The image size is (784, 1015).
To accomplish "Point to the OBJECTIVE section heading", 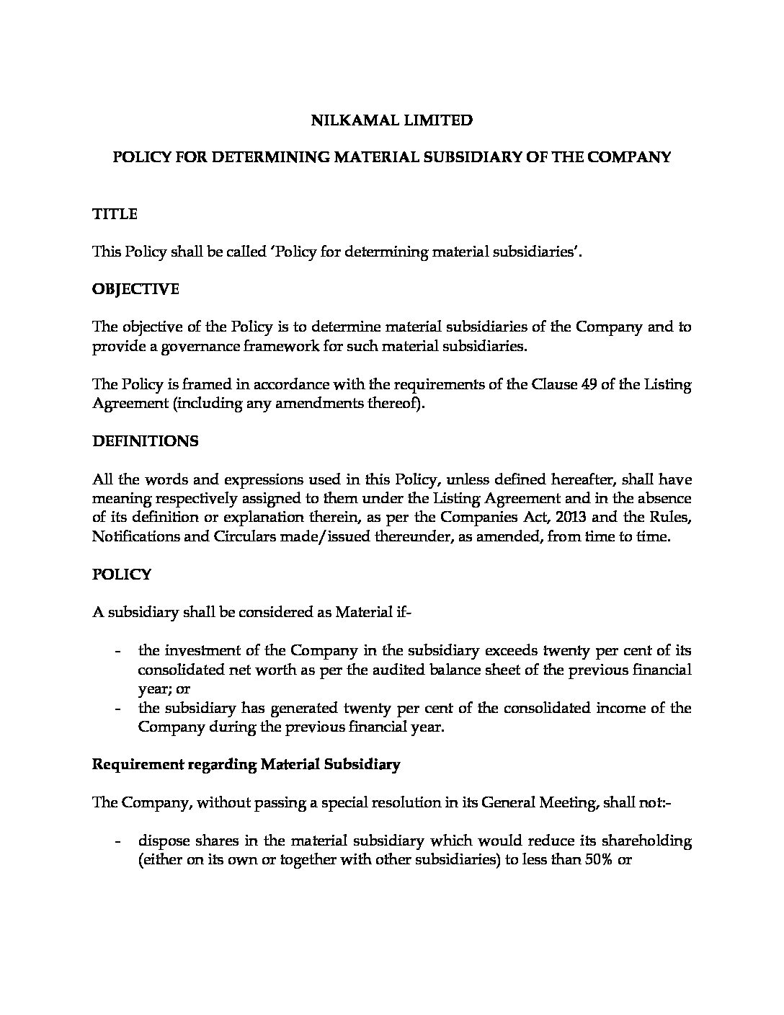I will (135, 289).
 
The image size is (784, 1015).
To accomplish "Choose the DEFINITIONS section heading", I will (145, 441).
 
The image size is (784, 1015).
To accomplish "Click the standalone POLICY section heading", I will (122, 575).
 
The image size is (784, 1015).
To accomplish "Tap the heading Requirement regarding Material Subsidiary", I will (246, 765).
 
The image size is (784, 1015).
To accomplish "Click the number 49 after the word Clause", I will (588, 384).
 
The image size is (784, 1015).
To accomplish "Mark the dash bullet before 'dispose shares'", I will (117, 842).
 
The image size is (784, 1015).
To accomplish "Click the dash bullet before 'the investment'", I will (117, 651).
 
